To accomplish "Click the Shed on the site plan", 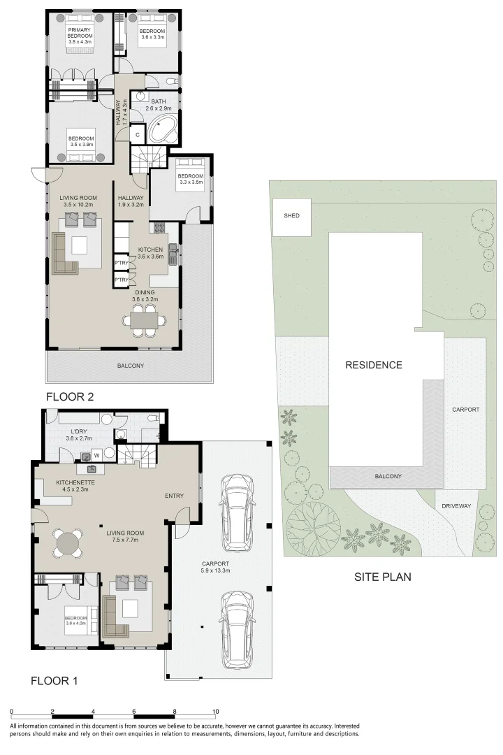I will click(x=291, y=216).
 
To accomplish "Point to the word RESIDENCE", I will click(x=374, y=365).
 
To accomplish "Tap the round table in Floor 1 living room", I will click(x=67, y=544).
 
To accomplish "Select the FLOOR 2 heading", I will click(x=69, y=397).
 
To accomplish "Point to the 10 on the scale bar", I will click(x=216, y=712).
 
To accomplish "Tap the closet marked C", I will click(x=138, y=134).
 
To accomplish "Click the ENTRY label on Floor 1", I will click(x=174, y=496).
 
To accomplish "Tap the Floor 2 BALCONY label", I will click(x=130, y=366).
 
